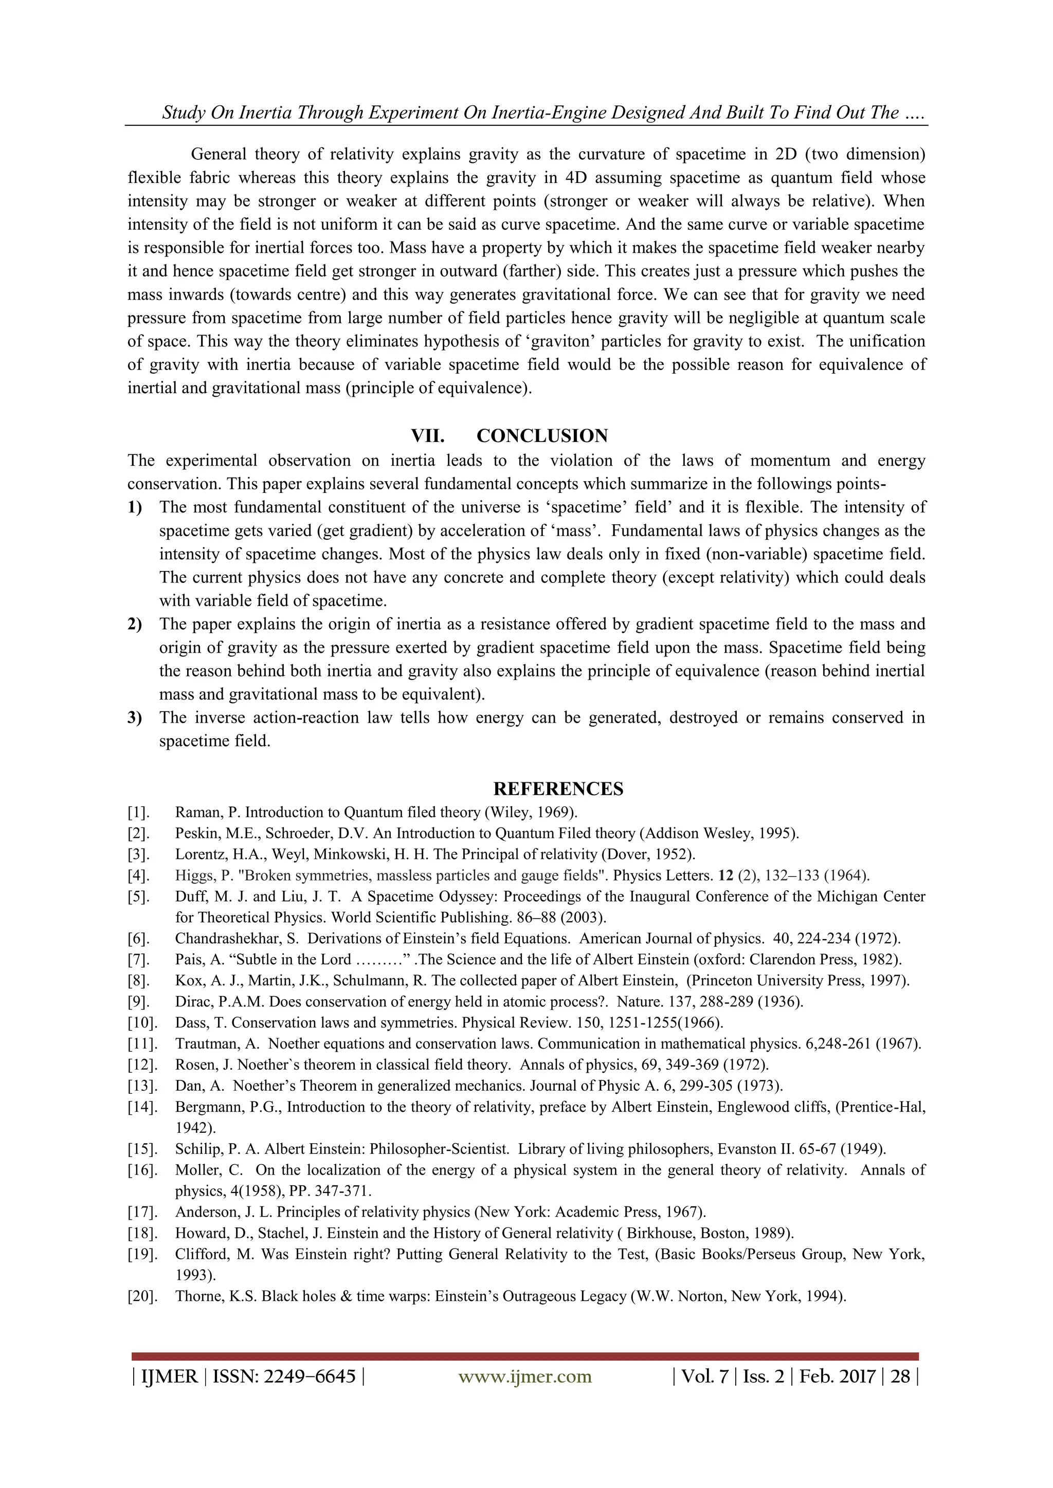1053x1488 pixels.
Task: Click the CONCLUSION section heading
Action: click(x=542, y=435)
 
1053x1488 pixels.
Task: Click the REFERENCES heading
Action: click(x=558, y=789)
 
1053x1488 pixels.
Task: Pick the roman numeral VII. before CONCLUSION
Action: click(x=427, y=435)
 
